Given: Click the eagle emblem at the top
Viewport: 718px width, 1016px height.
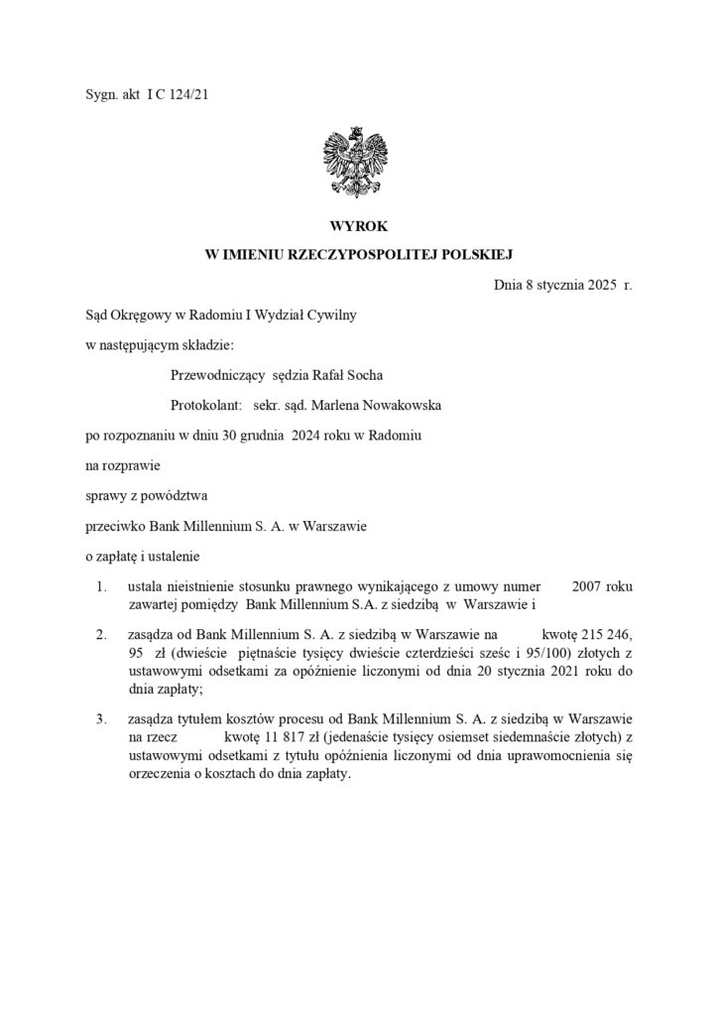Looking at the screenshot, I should [x=355, y=160].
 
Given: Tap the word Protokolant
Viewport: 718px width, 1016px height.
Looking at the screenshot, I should [x=206, y=405].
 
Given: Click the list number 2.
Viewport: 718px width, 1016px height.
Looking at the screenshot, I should [x=102, y=632].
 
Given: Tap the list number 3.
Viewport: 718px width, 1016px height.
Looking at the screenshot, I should [x=102, y=717].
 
